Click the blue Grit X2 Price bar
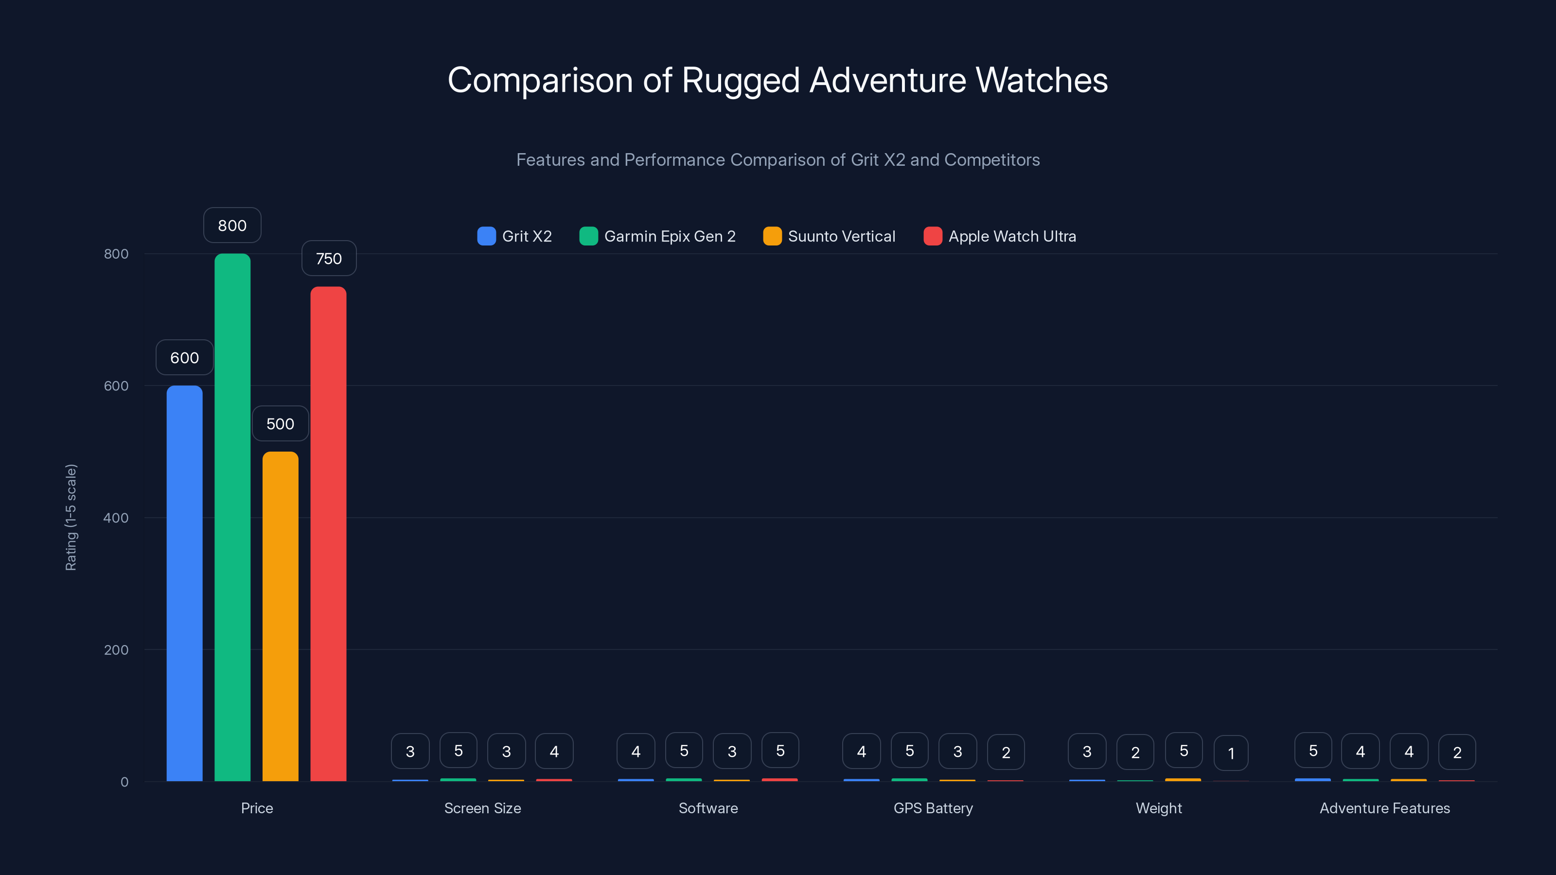184,583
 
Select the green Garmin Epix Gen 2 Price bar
232,517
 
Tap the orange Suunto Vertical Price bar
280,616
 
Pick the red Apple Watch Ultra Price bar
328,534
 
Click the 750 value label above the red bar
329,259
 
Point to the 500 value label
280,424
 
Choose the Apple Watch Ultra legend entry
1000,236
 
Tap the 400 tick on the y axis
116,518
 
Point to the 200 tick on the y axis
116,650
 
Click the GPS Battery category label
933,808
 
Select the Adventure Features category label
1384,808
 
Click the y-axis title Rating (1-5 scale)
71,517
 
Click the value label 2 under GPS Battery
1006,752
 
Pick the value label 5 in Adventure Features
1312,751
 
